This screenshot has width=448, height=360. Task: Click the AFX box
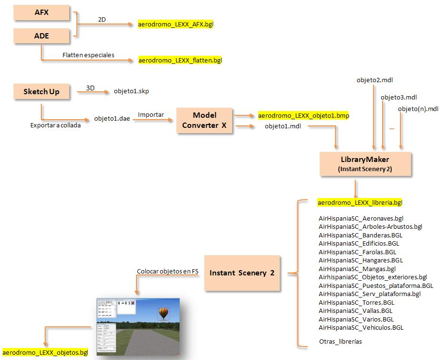click(x=42, y=13)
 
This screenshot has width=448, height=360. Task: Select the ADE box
click(x=42, y=36)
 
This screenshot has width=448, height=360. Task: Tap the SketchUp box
click(x=42, y=91)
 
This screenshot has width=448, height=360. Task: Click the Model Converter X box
click(x=205, y=120)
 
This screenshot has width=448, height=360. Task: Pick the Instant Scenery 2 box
click(x=242, y=273)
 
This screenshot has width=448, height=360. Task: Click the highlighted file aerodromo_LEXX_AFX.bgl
click(x=175, y=24)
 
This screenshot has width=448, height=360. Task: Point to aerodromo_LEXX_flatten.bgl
click(x=180, y=61)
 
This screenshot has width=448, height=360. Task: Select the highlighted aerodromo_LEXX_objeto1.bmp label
click(x=303, y=116)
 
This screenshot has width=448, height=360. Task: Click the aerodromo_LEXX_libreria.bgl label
click(x=360, y=202)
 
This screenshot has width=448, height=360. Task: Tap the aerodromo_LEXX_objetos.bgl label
click(x=45, y=352)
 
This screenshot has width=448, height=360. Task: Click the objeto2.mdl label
click(x=371, y=80)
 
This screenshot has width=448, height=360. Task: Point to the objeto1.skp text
click(x=135, y=91)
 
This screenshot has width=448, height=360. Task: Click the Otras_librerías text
click(x=340, y=342)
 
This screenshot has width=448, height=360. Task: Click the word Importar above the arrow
click(x=151, y=115)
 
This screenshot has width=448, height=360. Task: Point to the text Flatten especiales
click(x=88, y=55)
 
